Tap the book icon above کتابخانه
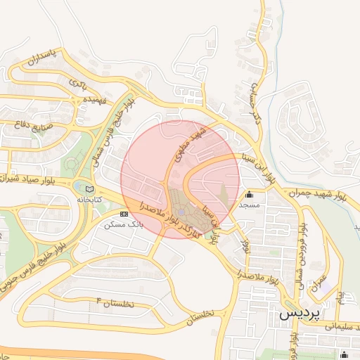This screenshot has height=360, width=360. (89, 188)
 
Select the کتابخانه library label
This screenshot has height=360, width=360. (89, 200)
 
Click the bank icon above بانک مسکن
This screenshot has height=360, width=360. (124, 213)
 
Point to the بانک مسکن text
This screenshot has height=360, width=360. (123, 224)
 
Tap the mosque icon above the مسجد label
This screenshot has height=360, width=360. (250, 195)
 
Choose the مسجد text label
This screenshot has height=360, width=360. (250, 205)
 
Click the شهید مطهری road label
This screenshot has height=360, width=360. (192, 145)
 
